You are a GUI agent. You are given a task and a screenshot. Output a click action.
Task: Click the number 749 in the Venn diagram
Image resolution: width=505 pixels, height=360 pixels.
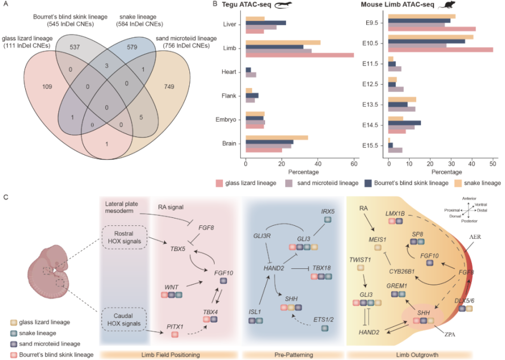(169, 87)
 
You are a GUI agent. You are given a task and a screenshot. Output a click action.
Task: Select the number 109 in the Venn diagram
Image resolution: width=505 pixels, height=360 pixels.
(47, 87)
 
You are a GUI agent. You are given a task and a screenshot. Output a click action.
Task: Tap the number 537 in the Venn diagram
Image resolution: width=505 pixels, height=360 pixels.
(75, 47)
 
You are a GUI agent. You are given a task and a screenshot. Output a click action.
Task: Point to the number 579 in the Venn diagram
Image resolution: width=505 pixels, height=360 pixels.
(132, 47)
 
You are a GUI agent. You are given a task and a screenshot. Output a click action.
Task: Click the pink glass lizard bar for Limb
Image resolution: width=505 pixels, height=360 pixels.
(300, 55)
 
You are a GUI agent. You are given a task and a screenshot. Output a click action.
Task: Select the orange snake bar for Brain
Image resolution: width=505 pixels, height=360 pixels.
(277, 137)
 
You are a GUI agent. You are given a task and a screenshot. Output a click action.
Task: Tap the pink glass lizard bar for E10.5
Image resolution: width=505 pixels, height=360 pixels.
(441, 49)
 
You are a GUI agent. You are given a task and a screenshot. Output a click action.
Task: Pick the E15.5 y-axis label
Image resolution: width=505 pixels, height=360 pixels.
(370, 146)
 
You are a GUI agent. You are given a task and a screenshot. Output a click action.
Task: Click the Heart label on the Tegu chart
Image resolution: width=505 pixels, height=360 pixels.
(229, 72)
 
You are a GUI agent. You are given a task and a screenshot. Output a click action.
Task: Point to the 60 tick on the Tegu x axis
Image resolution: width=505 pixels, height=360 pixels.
(354, 164)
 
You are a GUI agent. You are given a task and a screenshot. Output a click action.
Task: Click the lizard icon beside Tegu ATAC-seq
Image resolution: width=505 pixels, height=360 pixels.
(283, 5)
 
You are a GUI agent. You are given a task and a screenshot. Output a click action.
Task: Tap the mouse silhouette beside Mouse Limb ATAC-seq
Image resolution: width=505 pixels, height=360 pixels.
(447, 5)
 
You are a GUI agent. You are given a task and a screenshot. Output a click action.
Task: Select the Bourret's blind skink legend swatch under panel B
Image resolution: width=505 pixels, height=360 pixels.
(368, 183)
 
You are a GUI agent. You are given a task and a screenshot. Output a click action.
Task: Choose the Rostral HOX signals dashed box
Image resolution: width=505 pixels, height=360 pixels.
(124, 237)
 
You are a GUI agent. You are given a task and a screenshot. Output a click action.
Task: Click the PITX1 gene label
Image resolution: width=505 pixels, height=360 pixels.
(175, 327)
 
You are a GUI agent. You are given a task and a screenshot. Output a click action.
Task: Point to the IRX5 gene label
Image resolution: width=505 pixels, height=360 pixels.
(328, 212)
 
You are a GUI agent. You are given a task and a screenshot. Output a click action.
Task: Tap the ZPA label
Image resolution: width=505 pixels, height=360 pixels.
(450, 335)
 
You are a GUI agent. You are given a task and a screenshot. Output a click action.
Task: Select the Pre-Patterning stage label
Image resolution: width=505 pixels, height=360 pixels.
(294, 355)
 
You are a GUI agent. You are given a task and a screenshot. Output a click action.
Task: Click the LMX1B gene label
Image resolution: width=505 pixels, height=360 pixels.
(395, 214)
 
